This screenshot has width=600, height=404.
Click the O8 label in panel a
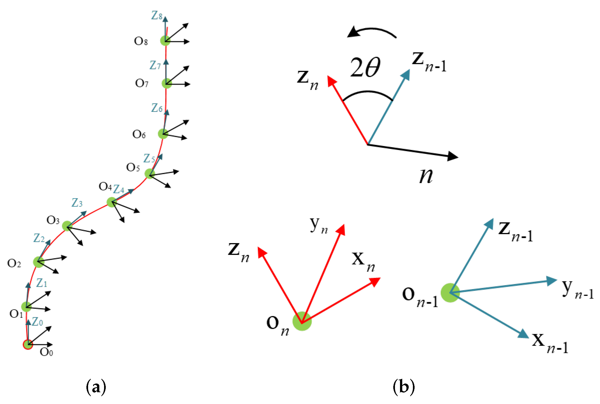(141, 41)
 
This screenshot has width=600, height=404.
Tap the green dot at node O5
(150, 174)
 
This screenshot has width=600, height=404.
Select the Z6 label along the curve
(157, 108)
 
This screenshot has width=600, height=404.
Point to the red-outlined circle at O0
(28, 344)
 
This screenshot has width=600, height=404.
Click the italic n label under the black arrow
(426, 176)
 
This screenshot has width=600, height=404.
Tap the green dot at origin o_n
(302, 321)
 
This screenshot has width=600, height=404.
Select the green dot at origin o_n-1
(450, 293)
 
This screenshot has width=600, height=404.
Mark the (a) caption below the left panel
(96, 387)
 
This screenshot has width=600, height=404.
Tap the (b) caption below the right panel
(404, 387)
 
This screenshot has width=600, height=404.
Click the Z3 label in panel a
(77, 202)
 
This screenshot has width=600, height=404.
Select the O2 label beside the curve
(14, 263)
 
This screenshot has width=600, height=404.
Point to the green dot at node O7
(167, 83)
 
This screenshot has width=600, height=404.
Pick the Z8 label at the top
(157, 15)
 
